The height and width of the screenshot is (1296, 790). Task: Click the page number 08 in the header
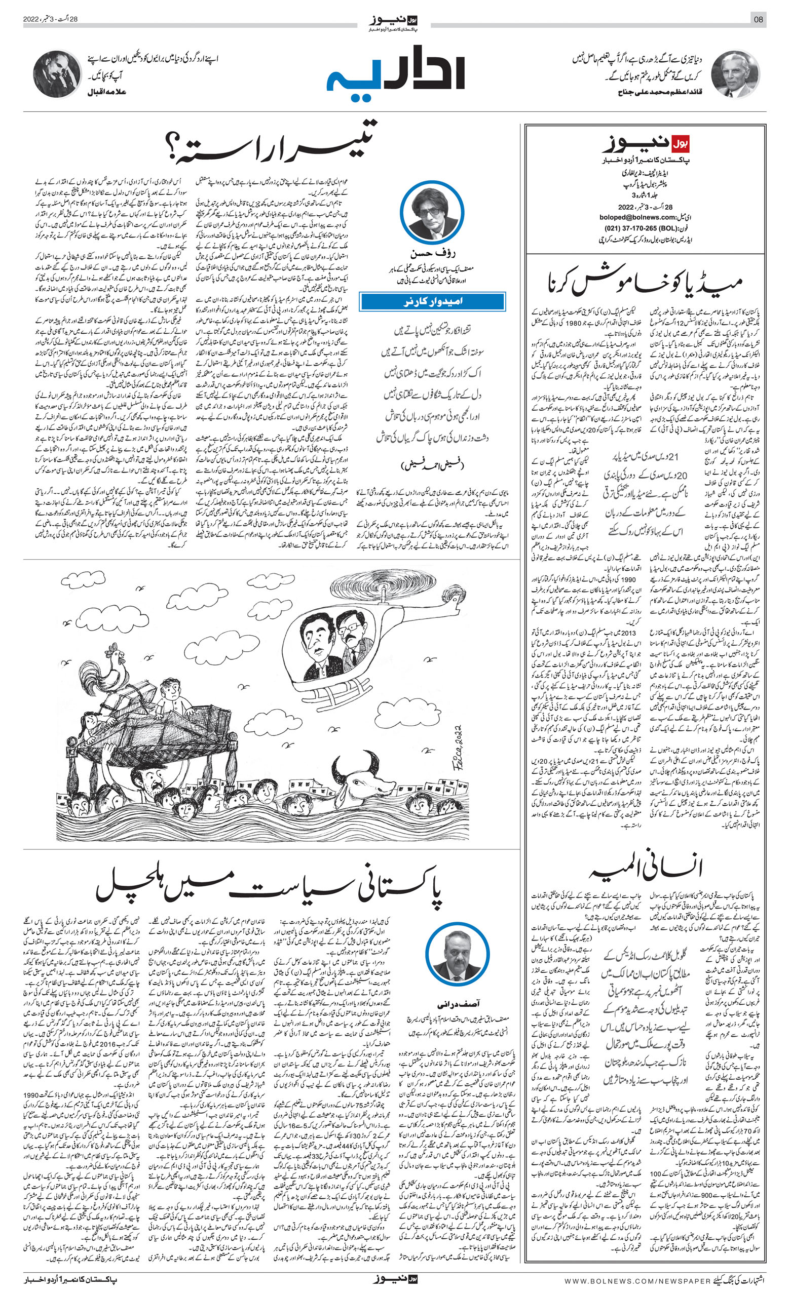(758, 20)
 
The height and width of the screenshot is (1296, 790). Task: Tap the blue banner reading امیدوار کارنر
(432, 302)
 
